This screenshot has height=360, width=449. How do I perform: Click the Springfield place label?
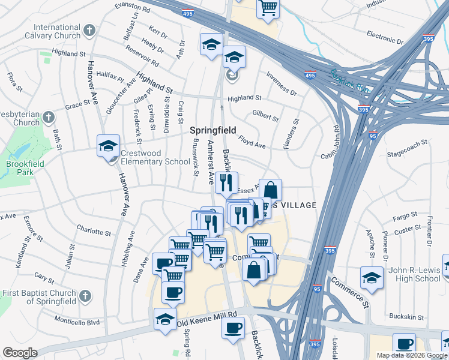click(213, 130)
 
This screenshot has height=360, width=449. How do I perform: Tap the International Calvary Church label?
click(58, 32)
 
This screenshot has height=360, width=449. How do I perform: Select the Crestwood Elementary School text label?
click(155, 157)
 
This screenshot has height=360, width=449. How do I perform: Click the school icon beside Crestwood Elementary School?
click(109, 146)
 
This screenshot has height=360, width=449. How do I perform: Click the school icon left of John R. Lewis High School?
click(372, 278)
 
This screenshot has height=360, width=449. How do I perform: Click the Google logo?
click(20, 353)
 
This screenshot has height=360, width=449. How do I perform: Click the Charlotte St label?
click(91, 229)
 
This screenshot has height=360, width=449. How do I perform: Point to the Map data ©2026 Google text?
click(411, 355)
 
